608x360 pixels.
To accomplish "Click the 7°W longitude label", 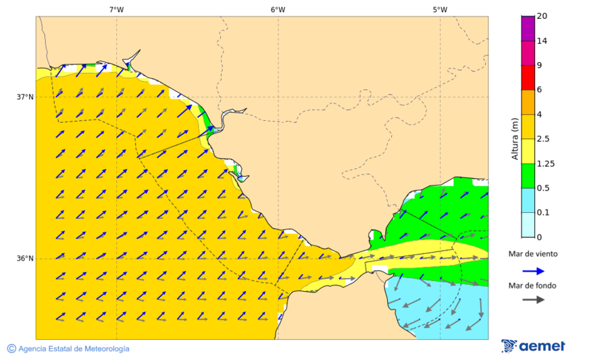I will pos(116,9).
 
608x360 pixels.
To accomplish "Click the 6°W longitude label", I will pos(278,9).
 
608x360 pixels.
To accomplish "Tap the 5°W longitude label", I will pos(440,9).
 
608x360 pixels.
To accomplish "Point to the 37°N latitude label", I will pos(25,97).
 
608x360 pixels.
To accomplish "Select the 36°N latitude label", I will pos(25,258).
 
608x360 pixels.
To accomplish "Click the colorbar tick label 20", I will pos(542,16).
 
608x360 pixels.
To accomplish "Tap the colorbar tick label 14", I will pos(542,41).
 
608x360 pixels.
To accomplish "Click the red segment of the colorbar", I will pos(528,78).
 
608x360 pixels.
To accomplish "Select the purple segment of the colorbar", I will pos(528,28).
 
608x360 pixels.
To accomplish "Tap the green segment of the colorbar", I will pos(528,176).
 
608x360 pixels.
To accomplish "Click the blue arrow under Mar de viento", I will pos(534,271).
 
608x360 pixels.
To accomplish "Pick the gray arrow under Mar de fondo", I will pos(534,299).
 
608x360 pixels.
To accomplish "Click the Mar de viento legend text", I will pos(533,254).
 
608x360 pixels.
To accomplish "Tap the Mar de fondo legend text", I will pos(533,286).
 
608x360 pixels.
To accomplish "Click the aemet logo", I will pos(533,346).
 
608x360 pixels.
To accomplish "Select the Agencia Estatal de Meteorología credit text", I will pos(68,349).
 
